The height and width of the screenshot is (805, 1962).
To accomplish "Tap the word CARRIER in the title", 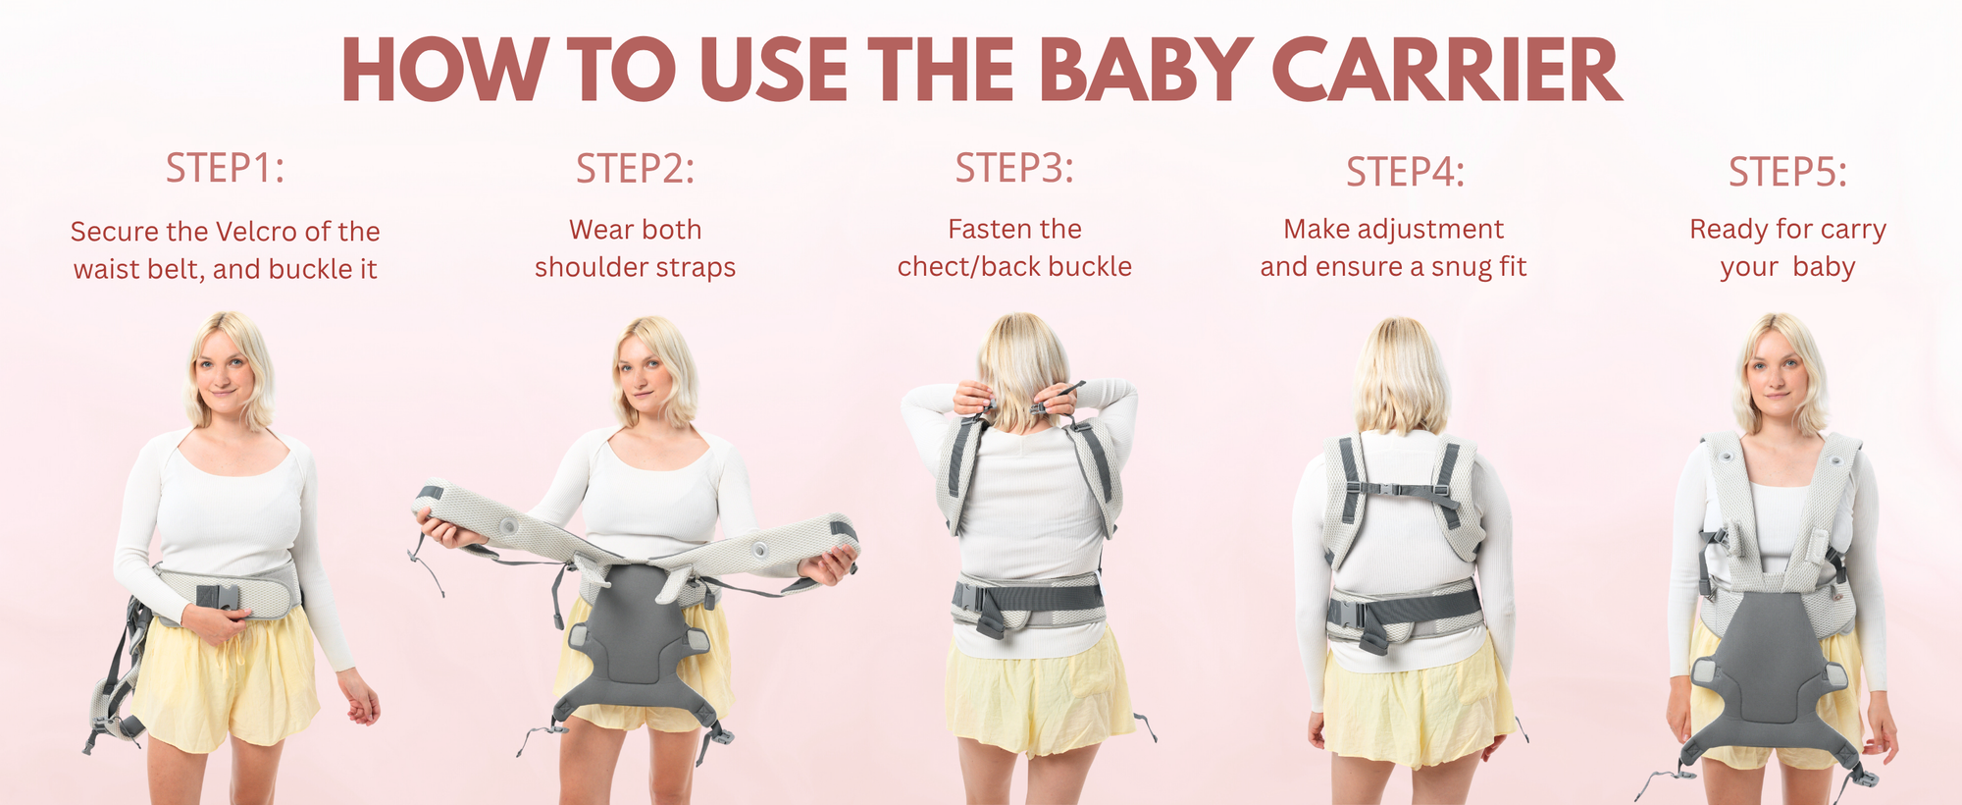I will click(x=1447, y=71).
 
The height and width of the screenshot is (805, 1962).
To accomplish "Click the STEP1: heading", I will click(x=225, y=168).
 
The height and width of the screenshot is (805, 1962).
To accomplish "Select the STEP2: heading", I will click(x=635, y=169).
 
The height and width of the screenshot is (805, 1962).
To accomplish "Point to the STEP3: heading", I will click(x=1014, y=168).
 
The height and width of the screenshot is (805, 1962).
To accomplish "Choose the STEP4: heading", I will click(x=1405, y=172).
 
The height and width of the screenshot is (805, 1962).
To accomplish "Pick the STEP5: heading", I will click(x=1787, y=172).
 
